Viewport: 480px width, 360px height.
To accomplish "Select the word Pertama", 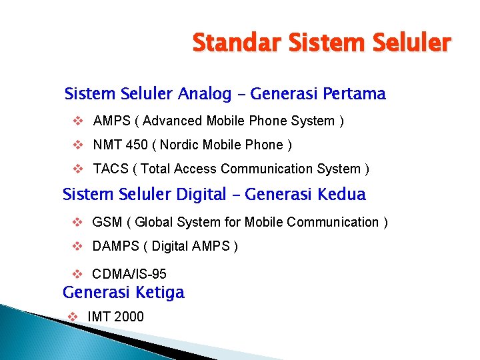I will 353,94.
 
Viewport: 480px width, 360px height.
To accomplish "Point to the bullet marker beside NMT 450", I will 77,145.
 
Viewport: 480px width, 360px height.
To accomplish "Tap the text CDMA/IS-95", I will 129,274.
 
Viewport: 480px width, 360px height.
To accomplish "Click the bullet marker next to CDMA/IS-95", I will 76,273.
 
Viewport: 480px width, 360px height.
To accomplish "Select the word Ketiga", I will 160,293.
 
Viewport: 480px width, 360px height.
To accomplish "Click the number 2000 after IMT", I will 129,317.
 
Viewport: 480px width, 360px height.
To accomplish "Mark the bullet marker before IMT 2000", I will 72,316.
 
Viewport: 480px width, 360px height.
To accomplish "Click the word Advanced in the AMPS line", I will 171,121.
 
